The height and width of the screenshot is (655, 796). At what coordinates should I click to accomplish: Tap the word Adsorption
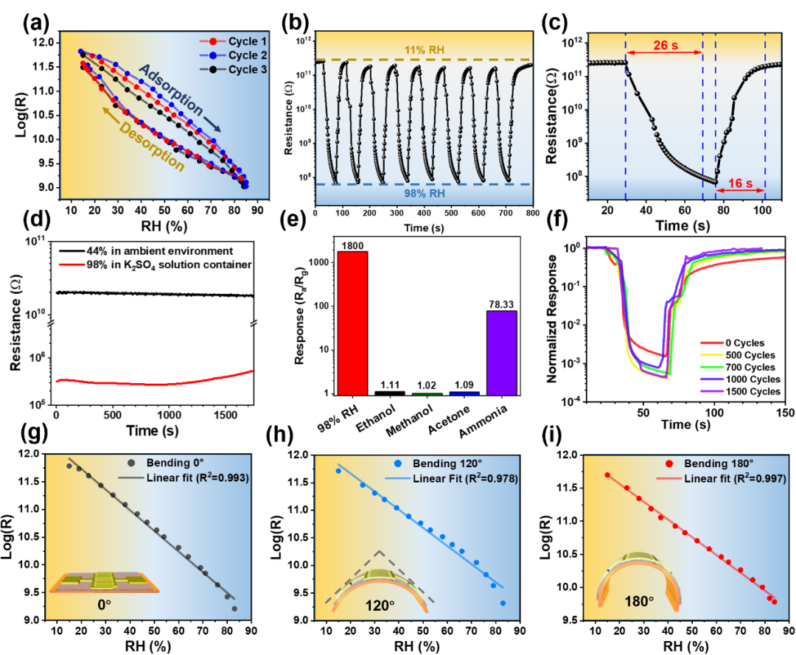tap(171, 91)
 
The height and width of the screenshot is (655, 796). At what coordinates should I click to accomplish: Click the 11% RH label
tap(424, 49)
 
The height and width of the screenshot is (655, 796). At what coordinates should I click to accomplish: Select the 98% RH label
tap(424, 195)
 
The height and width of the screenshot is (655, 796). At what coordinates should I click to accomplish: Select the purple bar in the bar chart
tap(502, 353)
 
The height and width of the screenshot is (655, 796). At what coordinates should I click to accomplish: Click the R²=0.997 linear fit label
tap(735, 478)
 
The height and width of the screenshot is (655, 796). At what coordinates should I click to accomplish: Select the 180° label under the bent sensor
tap(640, 601)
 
